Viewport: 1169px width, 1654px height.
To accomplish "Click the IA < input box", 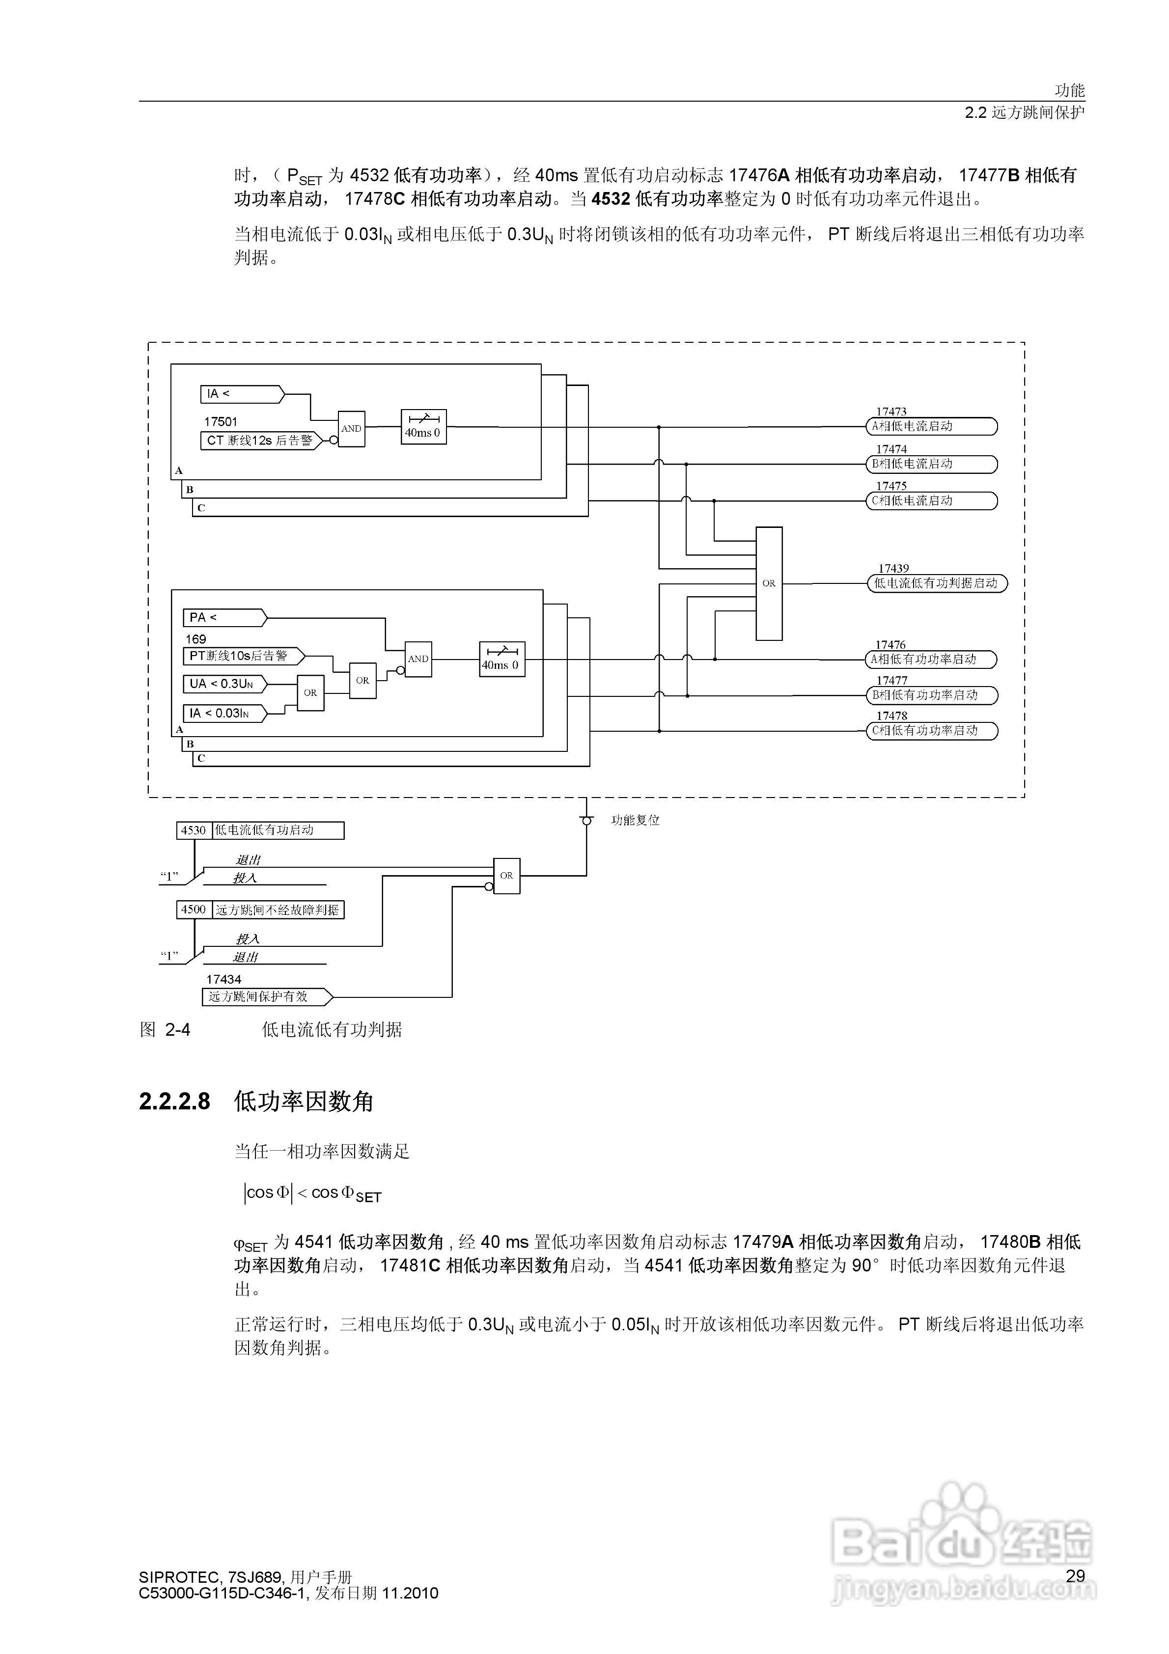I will (x=241, y=394).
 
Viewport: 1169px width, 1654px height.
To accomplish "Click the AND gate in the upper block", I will (x=351, y=429).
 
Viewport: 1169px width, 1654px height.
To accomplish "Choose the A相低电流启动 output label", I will (x=931, y=426).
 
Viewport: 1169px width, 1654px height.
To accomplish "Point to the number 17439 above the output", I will (x=893, y=568).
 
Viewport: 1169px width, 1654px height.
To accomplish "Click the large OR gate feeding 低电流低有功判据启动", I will (x=768, y=583).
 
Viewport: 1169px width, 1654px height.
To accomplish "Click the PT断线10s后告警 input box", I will (x=242, y=656).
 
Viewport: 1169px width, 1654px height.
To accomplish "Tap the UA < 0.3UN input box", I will (x=223, y=684).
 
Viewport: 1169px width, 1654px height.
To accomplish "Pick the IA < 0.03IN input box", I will (x=223, y=713).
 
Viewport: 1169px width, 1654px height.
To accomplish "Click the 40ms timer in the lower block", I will (x=501, y=659).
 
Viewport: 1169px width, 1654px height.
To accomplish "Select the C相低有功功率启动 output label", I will (x=931, y=730).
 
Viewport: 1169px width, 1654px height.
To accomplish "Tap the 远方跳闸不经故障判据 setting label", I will (x=278, y=910).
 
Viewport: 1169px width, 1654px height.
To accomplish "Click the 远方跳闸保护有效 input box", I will (x=265, y=997).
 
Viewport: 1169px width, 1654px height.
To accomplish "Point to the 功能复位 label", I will (x=635, y=821).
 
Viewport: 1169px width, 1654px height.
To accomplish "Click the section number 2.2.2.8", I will (x=174, y=1102).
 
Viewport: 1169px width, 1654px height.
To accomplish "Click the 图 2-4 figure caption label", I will (x=165, y=1030).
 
